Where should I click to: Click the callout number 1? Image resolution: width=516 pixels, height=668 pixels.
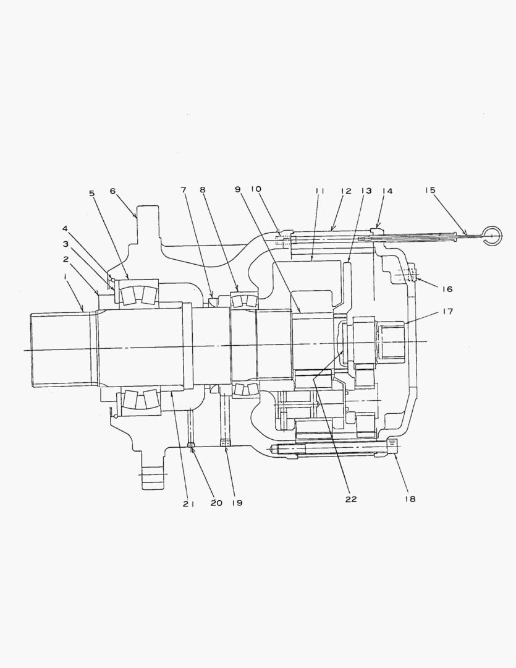click(65, 276)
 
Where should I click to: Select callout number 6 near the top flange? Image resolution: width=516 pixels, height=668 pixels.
click(113, 191)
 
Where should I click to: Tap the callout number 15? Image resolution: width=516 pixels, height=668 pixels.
click(431, 190)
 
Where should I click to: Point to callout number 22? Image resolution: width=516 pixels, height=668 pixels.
click(351, 499)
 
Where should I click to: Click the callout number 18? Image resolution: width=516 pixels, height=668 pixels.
click(410, 499)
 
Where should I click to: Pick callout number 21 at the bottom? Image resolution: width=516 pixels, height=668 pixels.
click(188, 503)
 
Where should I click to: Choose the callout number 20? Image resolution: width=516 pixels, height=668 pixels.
click(216, 503)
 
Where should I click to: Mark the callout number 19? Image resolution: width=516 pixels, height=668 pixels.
click(237, 503)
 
